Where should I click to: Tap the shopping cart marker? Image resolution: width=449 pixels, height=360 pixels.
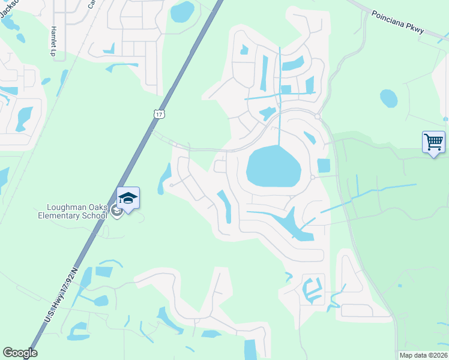[x=433, y=142]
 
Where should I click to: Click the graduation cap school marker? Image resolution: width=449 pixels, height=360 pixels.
[x=128, y=197]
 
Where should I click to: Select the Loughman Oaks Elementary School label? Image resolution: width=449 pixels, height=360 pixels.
[x=73, y=211]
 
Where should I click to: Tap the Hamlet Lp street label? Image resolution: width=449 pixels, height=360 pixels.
[x=53, y=41]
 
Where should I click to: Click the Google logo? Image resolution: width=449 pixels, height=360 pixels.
[x=20, y=353]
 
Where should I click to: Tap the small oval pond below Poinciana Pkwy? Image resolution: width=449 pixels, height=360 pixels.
[x=388, y=98]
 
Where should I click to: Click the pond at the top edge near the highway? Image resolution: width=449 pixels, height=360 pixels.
[x=182, y=11]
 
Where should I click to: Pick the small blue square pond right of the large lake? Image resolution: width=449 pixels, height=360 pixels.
[x=324, y=165]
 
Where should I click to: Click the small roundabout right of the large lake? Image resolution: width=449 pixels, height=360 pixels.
[x=313, y=177]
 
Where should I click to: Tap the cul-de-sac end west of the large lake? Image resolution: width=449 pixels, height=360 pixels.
[x=171, y=185]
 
